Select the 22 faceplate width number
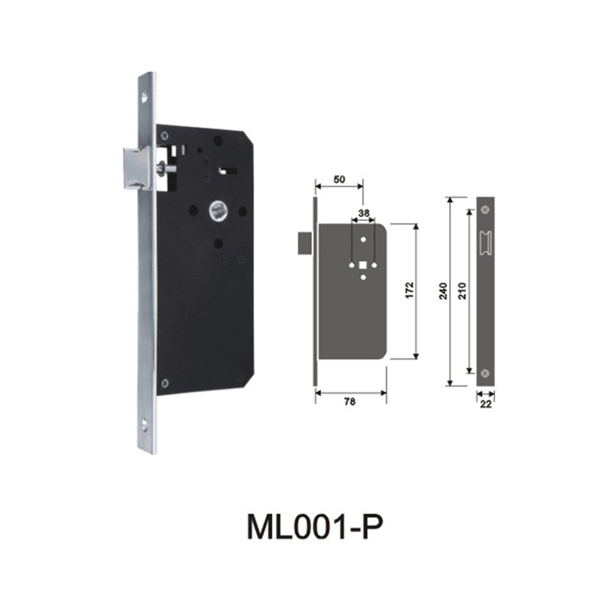pos(485,401)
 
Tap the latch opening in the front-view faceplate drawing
pos(485,241)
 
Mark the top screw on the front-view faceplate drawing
pos(485,209)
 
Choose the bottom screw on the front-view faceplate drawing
pos(485,373)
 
